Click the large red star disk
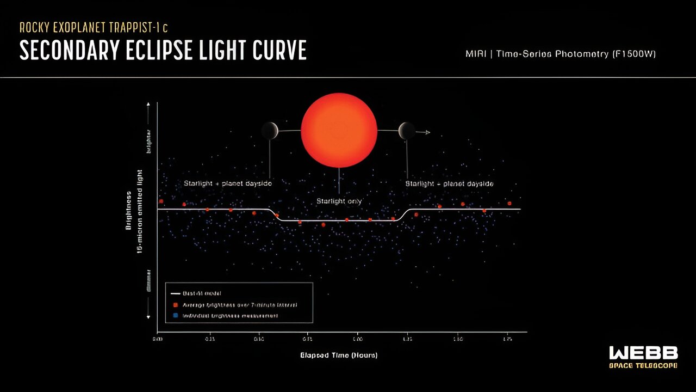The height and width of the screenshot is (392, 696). tap(339, 130)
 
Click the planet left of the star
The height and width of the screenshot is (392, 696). tap(270, 131)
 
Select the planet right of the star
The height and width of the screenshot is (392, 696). tap(407, 131)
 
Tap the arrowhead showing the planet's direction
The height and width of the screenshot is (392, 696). tap(428, 132)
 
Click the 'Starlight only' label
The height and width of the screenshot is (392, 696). tap(339, 201)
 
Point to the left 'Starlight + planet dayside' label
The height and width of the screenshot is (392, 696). tap(227, 184)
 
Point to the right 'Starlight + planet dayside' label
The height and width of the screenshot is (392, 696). tap(449, 184)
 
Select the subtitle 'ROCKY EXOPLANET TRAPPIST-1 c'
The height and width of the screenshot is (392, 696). tap(97, 28)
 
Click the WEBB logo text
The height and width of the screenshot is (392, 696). tap(643, 353)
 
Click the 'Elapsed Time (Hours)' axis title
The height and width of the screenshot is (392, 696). tap(339, 356)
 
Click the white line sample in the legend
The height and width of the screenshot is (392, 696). tap(176, 294)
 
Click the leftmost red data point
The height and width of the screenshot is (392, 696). tap(161, 201)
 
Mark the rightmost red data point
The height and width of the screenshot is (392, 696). tap(509, 203)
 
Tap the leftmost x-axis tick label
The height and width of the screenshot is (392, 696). tap(158, 339)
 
